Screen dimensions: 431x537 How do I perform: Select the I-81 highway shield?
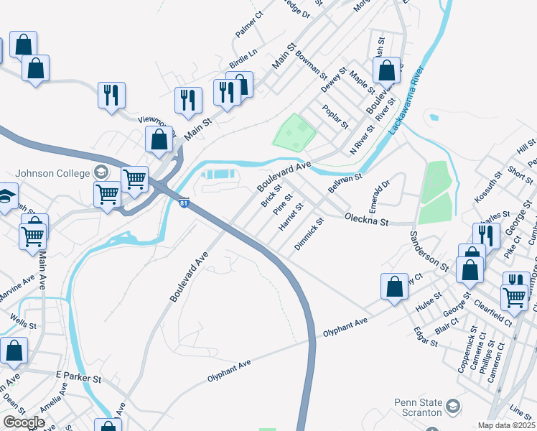(185, 204)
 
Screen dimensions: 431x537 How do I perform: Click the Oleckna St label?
(366, 218)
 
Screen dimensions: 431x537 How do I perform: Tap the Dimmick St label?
(309, 236)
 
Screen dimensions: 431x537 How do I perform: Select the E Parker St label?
(78, 376)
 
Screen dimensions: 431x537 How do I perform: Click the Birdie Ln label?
(243, 57)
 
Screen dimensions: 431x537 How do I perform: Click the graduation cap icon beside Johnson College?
(101, 172)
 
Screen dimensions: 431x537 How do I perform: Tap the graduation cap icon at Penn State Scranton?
(453, 407)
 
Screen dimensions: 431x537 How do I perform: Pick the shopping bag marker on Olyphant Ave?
(394, 286)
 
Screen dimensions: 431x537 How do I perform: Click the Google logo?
(24, 422)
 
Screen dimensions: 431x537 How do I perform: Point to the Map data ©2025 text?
(506, 425)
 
